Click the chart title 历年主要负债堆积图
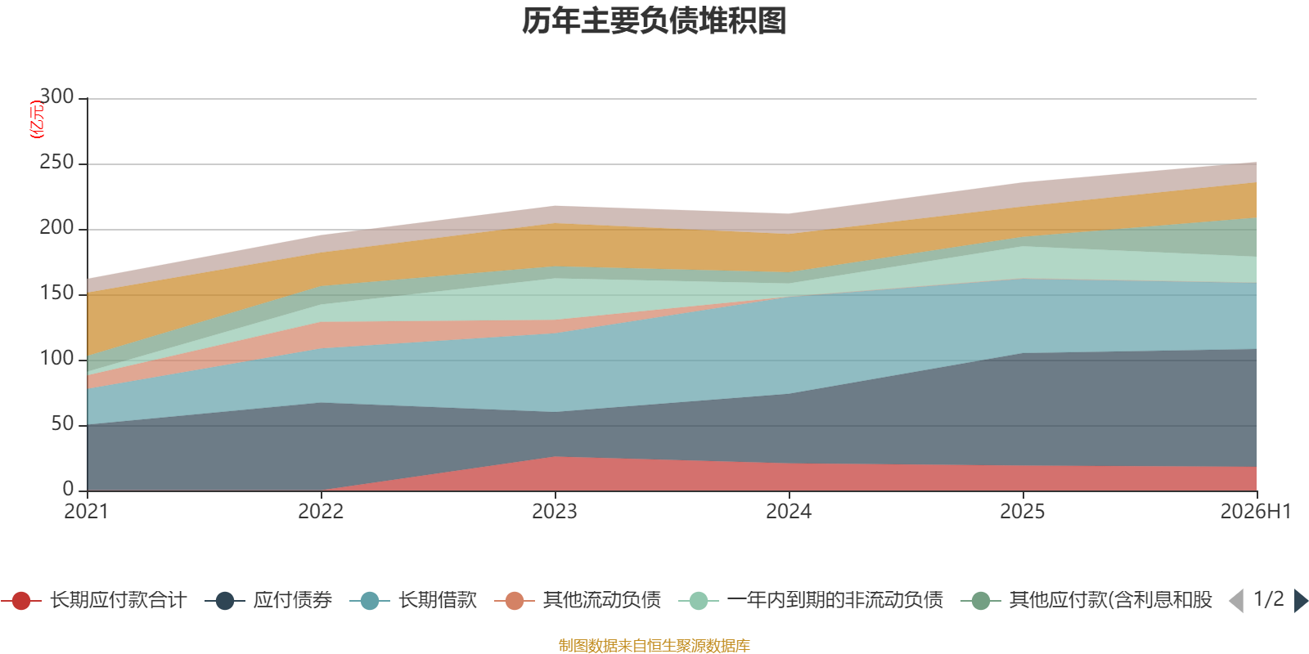[x=654, y=21]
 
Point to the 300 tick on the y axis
[x=56, y=96]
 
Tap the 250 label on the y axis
[x=56, y=162]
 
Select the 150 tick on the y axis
[x=56, y=293]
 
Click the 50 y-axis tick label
[x=62, y=423]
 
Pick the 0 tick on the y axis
[x=69, y=489]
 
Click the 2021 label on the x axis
[x=87, y=512]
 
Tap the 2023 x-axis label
[x=555, y=512]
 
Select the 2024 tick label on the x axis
[x=789, y=512]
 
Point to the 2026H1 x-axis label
[x=1256, y=512]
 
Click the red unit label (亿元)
[x=37, y=119]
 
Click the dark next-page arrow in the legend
[x=1301, y=600]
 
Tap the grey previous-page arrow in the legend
[x=1236, y=600]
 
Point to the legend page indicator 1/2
[x=1269, y=599]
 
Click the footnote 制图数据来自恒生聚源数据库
[x=654, y=645]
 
